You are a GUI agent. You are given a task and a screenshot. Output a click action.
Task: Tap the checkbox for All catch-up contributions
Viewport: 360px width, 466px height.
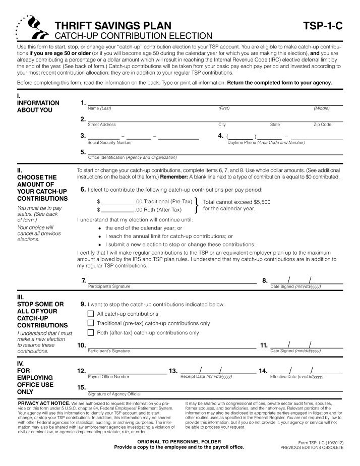click(91, 314)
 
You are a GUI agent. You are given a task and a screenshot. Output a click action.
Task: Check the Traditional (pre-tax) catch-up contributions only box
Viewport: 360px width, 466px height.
click(91, 323)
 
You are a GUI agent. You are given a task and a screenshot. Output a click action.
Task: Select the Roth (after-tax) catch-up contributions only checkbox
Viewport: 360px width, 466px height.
click(91, 332)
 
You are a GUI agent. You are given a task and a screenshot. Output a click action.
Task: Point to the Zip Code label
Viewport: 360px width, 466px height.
click(322, 124)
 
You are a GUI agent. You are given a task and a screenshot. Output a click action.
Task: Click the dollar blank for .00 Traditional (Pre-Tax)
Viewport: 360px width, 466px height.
click(116, 201)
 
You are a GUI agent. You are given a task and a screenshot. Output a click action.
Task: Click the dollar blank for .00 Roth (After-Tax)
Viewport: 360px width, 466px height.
click(116, 209)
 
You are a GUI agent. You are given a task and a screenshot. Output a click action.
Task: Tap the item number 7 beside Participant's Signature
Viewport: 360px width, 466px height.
click(83, 280)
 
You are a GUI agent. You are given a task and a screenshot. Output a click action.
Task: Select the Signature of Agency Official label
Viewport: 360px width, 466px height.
click(114, 394)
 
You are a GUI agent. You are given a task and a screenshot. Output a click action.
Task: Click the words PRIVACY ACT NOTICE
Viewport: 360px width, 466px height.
click(44, 404)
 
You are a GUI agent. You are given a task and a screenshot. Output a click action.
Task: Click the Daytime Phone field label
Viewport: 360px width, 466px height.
click(266, 143)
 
